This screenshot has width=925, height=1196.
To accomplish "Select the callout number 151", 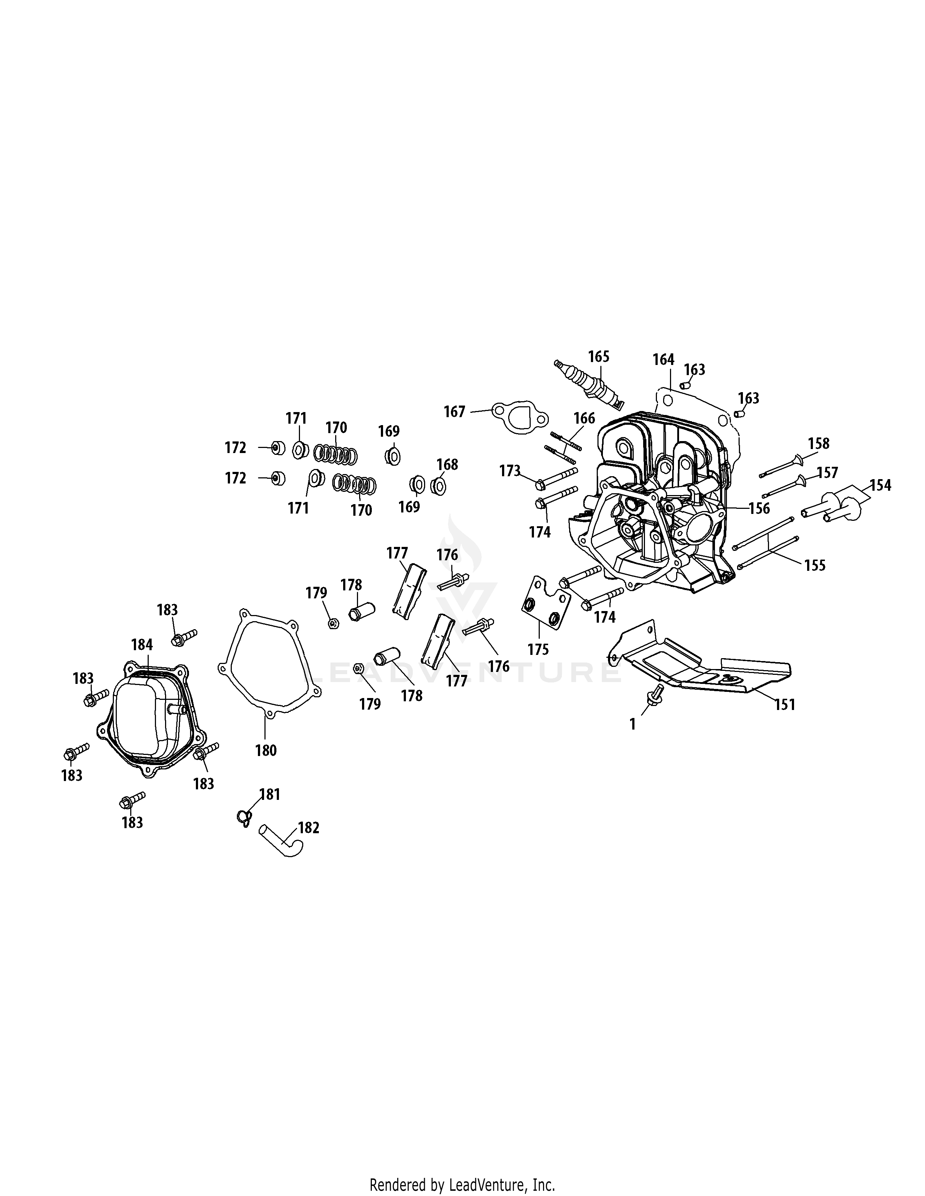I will click(784, 704).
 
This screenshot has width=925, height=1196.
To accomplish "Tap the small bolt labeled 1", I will click(655, 692).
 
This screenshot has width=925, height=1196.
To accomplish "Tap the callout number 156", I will click(759, 508).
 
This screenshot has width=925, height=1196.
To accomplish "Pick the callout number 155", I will click(814, 565).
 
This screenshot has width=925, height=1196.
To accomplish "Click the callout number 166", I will click(584, 418).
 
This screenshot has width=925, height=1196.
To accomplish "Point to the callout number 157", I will click(827, 472).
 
